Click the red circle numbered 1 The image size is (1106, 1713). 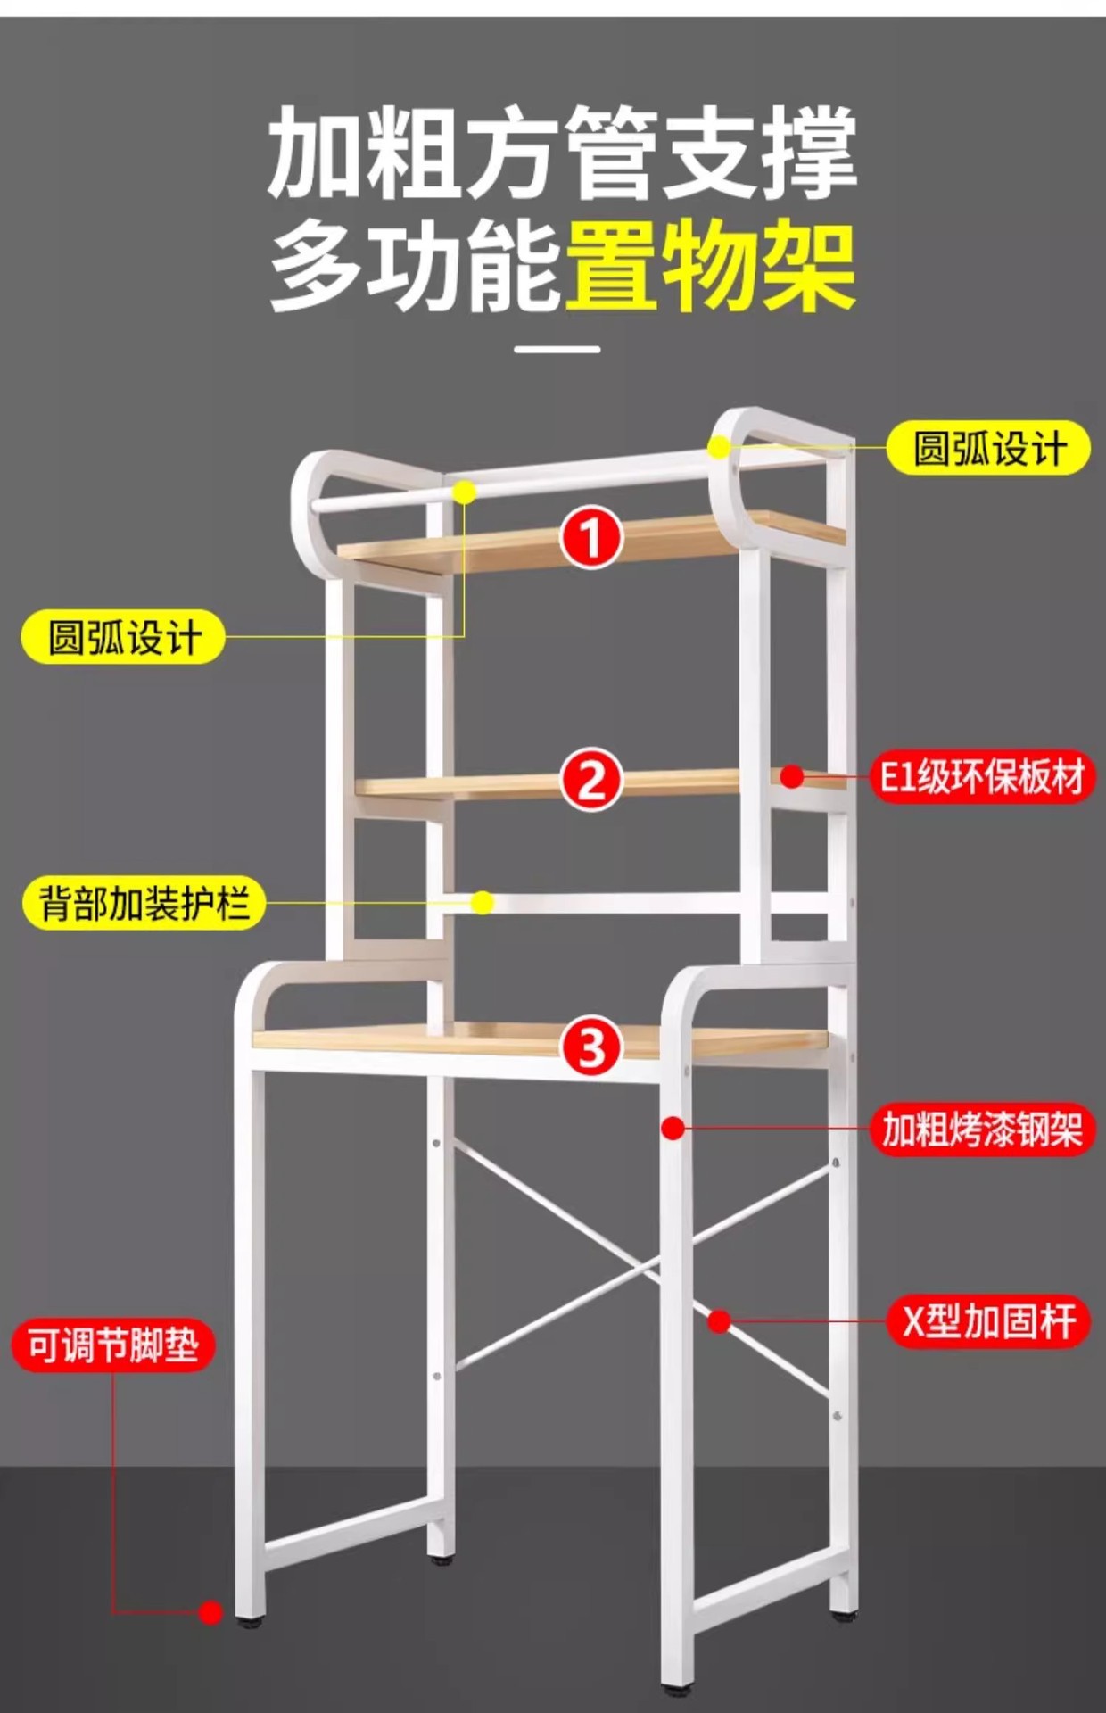point(591,537)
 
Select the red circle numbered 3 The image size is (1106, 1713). point(591,1047)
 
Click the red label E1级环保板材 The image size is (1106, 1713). point(982,776)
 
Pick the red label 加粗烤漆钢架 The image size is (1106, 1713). point(982,1130)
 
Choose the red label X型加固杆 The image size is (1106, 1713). point(988,1320)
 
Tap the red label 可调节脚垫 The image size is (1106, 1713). point(113,1345)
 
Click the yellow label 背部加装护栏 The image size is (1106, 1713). point(144,904)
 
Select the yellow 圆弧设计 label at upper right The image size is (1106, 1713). point(988,448)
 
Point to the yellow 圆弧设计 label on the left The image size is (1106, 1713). point(123,637)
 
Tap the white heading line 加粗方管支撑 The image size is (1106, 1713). point(562,153)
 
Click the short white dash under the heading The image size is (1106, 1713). point(557,349)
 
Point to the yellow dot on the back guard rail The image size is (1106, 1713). point(483,903)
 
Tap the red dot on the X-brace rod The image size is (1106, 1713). point(720,1321)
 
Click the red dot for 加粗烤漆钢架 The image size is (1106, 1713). point(673,1129)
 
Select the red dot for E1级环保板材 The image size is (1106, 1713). point(791,776)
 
